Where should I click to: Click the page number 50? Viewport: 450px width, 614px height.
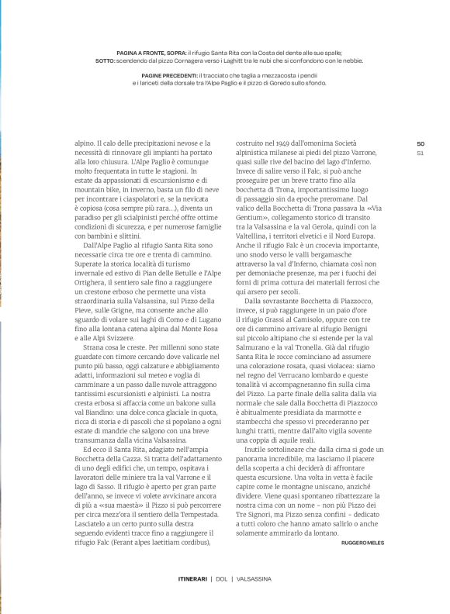tap(421, 143)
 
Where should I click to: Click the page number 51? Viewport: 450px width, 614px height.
tap(421, 153)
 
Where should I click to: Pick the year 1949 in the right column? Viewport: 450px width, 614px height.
tap(294, 143)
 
